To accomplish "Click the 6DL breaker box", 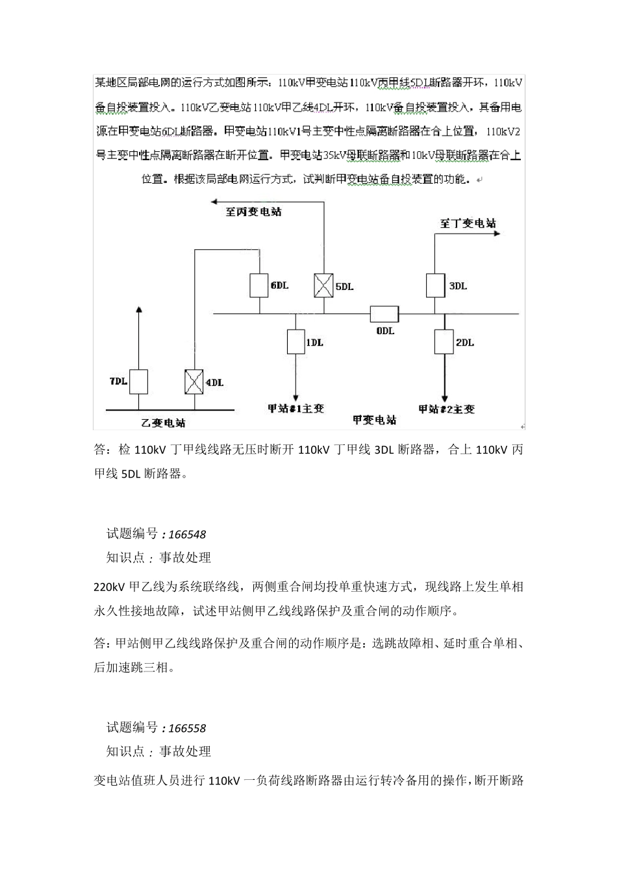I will coord(259,285).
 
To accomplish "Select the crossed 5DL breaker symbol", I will coord(323,285).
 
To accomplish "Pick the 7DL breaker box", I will coord(138,381).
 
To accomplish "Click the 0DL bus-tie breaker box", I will coord(384,315).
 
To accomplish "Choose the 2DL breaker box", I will coord(444,341).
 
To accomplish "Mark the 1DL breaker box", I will coord(296,342).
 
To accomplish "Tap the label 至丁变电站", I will coord(468,223).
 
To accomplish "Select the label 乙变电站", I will coord(164,422).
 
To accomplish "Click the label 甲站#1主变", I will coord(296,409).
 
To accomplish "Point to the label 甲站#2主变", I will coord(446,409).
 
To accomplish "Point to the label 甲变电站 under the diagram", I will coord(374,420).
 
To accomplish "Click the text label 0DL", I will coord(385,331).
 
